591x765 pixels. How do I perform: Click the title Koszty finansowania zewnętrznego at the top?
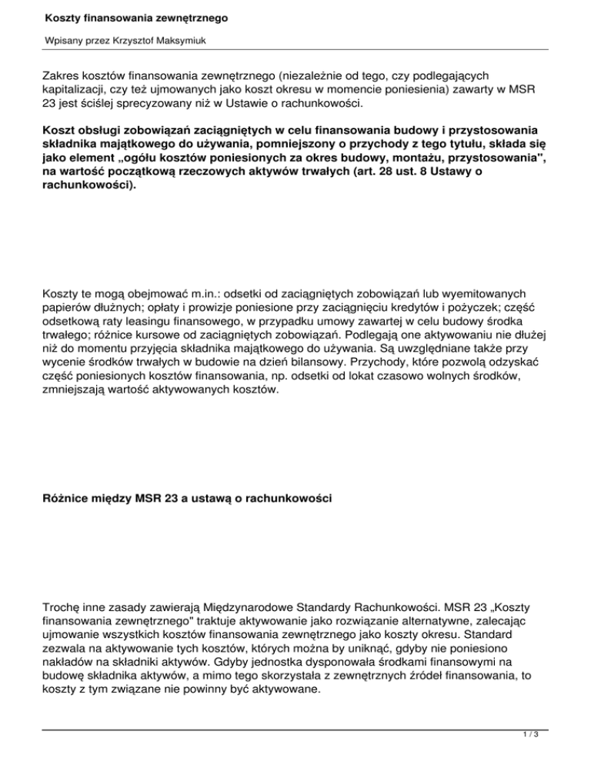click(130, 16)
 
